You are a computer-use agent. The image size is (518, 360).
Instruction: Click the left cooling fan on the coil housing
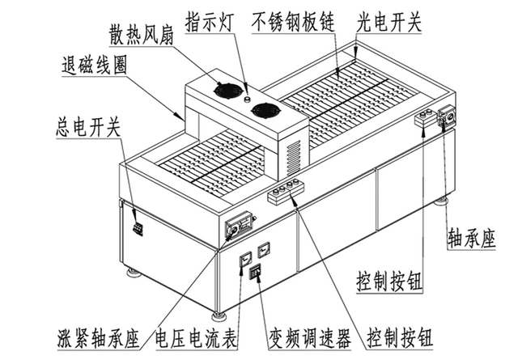224,89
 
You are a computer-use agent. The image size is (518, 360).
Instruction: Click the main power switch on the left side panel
138,229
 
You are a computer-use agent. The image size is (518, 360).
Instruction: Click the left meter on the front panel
244,260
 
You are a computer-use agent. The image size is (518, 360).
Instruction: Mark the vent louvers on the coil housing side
293,155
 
